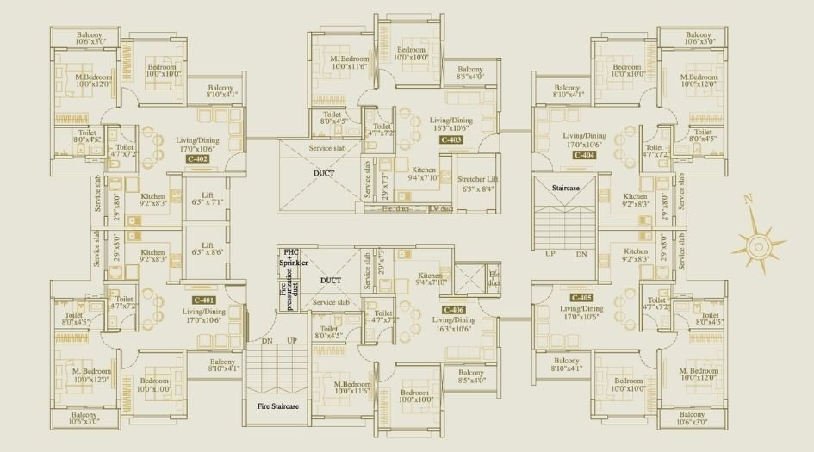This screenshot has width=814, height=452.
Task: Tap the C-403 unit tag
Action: pos(451,139)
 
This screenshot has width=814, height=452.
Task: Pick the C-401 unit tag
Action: pos(204,299)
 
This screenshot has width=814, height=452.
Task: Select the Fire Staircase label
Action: pos(277,406)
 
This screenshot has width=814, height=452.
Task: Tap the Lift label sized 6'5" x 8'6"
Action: pos(207,250)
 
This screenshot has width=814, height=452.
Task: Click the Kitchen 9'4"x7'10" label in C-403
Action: pos(424,175)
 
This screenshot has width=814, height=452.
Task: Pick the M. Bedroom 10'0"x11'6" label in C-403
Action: pos(349,62)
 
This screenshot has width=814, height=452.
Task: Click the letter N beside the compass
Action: pos(748,198)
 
